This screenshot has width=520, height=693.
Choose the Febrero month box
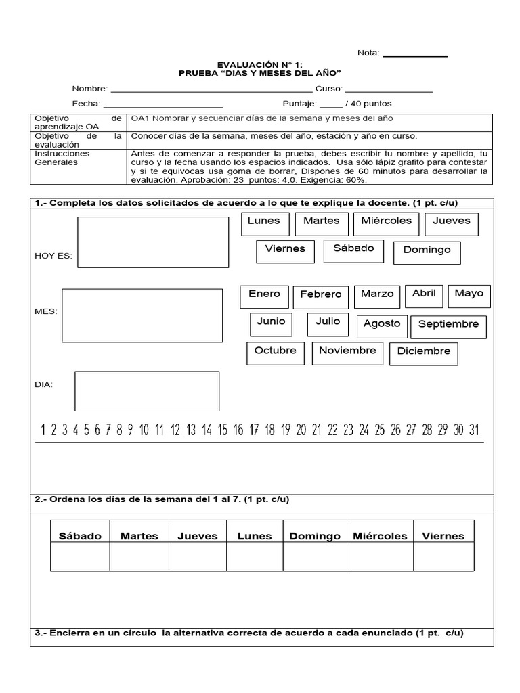[321, 296]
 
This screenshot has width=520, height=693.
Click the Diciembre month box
[424, 353]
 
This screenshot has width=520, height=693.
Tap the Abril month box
[424, 295]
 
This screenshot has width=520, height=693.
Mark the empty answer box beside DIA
[146, 390]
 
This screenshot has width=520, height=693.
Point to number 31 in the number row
[473, 430]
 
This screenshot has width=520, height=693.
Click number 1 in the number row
[43, 430]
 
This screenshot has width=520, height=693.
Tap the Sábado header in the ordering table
[80, 536]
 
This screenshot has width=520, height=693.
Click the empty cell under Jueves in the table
[198, 557]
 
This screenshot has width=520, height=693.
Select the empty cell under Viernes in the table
[443, 557]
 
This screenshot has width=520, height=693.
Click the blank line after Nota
[415, 55]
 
